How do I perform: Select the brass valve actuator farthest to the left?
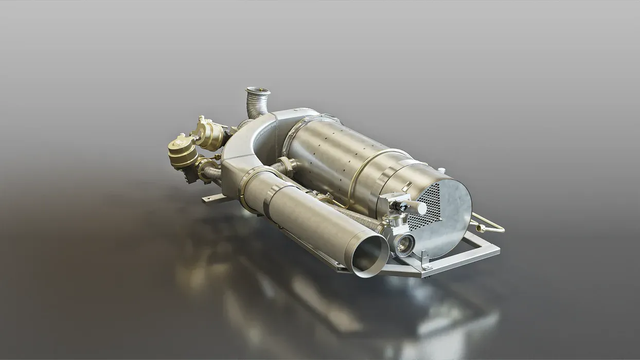182,150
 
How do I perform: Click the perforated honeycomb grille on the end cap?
424,206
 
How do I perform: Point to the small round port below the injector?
404,244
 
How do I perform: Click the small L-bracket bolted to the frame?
425,261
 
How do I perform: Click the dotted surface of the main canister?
324,149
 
